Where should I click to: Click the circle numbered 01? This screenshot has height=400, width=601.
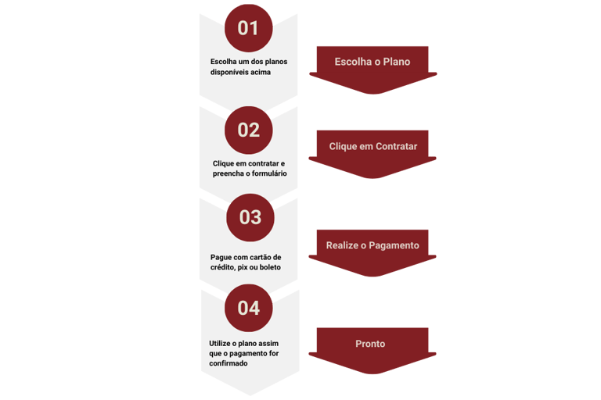248,29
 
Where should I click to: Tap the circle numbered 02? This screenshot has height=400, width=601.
248,130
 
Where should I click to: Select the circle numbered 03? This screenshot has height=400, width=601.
250,217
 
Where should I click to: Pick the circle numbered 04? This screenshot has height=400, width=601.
248,308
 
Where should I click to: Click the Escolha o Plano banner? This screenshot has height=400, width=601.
372,62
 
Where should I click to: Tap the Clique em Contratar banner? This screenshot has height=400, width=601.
372,146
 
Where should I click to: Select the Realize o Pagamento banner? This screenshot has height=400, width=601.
372,245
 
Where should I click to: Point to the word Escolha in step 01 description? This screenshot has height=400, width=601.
223,61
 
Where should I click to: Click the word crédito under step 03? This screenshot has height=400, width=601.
224,267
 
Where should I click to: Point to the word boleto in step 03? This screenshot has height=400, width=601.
268,267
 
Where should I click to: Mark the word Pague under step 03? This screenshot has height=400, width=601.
221,257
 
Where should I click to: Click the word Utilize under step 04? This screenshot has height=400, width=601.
221,343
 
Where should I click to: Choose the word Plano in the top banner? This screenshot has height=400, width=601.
396,62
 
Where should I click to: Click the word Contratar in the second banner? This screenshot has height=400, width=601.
396,146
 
